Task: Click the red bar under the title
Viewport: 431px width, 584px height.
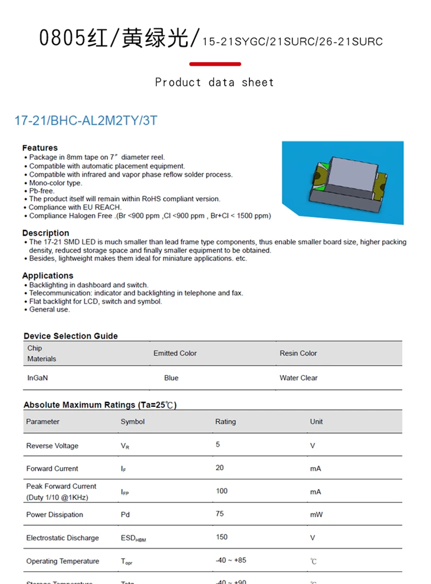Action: click(x=215, y=64)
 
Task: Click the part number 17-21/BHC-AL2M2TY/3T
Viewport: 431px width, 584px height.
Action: click(x=86, y=121)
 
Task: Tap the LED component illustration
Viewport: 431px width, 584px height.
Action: click(x=343, y=183)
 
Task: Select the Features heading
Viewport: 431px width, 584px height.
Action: click(x=40, y=148)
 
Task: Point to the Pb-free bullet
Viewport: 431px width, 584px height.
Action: click(x=41, y=191)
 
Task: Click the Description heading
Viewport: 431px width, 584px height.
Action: click(x=45, y=233)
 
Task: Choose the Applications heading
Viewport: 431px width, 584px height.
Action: click(x=48, y=275)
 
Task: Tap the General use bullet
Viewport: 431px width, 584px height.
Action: click(x=49, y=309)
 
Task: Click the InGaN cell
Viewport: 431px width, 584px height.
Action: click(x=37, y=378)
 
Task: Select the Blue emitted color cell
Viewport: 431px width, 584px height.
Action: click(x=171, y=378)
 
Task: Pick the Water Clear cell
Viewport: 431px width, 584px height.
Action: click(x=298, y=378)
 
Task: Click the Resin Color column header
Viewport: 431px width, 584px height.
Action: click(x=298, y=353)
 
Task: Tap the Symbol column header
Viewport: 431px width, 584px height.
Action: click(x=133, y=421)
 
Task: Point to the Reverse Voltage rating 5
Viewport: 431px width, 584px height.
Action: click(x=218, y=444)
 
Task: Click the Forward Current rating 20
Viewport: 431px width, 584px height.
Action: click(x=220, y=467)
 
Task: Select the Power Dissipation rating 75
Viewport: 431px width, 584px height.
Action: click(x=220, y=513)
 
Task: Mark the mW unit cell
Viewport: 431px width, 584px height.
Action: click(x=316, y=514)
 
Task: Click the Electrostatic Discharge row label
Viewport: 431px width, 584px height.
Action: click(x=63, y=538)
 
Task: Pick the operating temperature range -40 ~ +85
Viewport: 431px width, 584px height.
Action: click(x=231, y=560)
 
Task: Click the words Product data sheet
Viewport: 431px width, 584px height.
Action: click(x=214, y=82)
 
